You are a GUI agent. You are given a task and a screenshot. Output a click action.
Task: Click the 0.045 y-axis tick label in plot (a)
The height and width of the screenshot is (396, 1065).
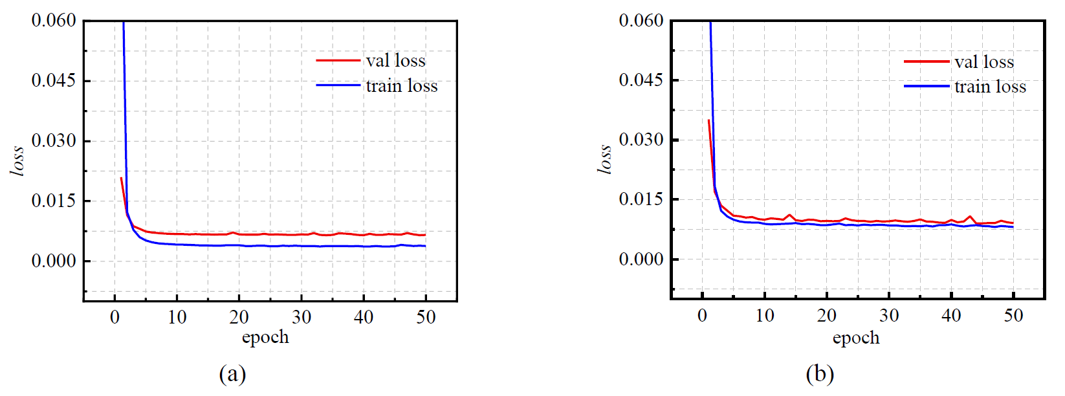[54, 80]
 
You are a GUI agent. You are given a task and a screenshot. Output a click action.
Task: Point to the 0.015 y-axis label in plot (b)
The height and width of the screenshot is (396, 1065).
[641, 199]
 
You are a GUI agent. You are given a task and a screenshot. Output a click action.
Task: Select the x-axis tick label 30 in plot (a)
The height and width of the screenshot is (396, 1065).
[301, 317]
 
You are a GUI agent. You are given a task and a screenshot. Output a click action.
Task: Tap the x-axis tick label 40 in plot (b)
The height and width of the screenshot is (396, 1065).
[950, 316]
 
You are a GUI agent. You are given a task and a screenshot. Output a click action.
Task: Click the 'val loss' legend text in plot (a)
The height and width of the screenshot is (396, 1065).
[395, 61]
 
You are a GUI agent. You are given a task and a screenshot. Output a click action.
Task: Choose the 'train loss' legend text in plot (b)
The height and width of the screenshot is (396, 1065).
[990, 87]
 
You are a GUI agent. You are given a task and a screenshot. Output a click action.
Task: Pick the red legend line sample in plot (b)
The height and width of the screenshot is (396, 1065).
[926, 61]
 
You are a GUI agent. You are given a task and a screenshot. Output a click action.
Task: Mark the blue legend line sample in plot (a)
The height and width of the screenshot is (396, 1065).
[338, 85]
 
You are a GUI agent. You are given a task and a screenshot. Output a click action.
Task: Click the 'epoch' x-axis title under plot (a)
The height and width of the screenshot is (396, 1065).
[265, 337]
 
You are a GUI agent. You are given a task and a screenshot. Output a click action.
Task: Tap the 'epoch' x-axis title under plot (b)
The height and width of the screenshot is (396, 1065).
[855, 338]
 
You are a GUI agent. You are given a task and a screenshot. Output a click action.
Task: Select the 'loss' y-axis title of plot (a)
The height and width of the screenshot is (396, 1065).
[17, 160]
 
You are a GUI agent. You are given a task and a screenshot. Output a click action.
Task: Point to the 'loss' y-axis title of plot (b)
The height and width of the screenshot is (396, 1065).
[604, 159]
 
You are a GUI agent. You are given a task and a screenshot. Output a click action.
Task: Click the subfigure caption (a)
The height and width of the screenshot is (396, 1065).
[232, 374]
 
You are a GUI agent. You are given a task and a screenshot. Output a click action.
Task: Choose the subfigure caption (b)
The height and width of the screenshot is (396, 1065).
[820, 374]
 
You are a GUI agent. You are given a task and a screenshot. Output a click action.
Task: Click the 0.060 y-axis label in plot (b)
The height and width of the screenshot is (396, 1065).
[641, 21]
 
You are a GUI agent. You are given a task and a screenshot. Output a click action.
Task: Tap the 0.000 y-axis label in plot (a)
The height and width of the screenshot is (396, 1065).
[54, 261]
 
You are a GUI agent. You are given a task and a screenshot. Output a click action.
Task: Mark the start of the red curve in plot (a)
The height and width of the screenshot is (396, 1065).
[121, 178]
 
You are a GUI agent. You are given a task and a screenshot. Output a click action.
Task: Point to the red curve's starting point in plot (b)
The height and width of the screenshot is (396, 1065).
[708, 120]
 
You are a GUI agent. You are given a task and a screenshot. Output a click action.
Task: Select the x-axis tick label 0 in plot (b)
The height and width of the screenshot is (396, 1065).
[702, 316]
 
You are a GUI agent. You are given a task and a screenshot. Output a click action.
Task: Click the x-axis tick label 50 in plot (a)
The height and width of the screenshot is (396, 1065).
[425, 317]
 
